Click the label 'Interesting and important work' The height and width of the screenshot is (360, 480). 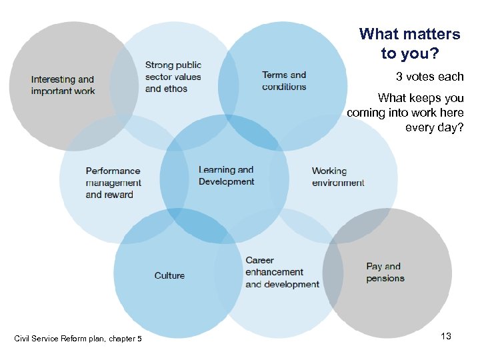[63, 85]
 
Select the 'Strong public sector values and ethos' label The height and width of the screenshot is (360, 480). [173, 77]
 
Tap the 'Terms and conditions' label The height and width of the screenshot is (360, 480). [284, 81]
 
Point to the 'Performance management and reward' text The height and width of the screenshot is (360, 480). [113, 183]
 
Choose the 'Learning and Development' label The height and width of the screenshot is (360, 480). [226, 175]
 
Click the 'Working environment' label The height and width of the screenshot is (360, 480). [338, 177]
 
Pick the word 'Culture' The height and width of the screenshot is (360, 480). [169, 275]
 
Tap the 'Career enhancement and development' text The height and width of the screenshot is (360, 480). [282, 272]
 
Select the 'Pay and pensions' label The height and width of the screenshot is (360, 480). [385, 272]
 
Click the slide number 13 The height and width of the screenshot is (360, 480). [446, 336]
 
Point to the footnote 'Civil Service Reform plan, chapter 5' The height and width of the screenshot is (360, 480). [78, 339]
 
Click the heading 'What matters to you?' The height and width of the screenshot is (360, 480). [409, 43]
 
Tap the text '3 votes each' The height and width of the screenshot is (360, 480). [429, 77]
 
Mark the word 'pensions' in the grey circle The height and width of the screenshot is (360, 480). [385, 278]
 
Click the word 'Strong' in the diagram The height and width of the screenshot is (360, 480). [160, 65]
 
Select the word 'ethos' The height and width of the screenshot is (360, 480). [176, 89]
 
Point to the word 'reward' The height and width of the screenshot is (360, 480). [118, 195]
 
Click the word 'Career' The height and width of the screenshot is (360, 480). [259, 260]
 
